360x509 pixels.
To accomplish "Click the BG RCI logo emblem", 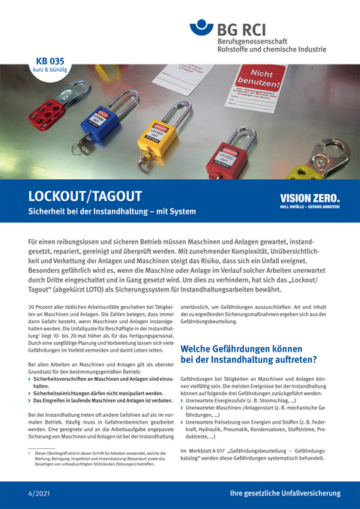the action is [202, 31].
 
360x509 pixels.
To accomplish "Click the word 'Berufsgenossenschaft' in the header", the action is [254, 40].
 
